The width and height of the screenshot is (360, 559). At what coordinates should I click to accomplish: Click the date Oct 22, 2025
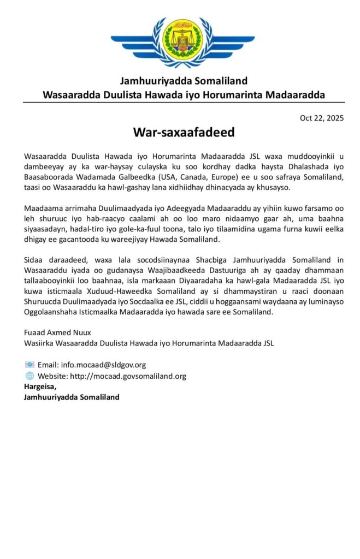(322, 118)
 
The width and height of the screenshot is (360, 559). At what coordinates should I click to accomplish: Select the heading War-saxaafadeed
(184, 133)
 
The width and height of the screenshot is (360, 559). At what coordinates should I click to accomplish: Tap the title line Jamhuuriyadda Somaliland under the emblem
(184, 81)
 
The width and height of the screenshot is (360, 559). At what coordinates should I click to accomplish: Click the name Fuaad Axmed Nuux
(57, 333)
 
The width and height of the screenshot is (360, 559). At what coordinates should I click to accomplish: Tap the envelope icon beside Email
(29, 365)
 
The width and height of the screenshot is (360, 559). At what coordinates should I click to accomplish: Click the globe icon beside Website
(29, 376)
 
